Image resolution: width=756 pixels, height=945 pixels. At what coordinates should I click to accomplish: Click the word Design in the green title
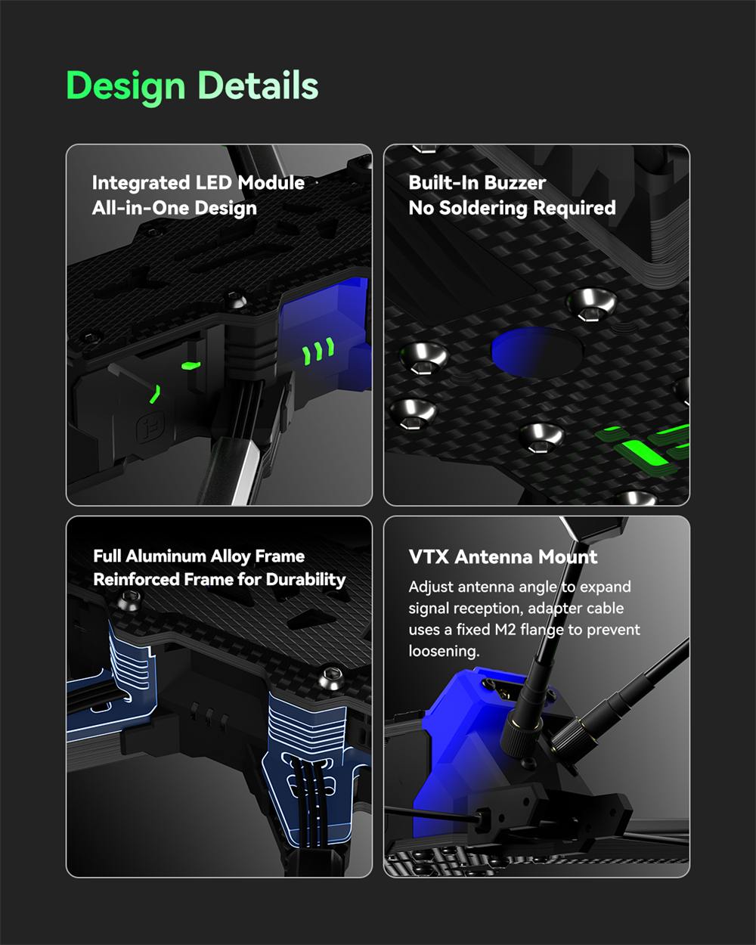point(125,87)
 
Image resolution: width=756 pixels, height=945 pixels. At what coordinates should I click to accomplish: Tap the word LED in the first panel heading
point(214,183)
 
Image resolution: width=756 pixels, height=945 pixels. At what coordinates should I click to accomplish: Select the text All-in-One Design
point(175,208)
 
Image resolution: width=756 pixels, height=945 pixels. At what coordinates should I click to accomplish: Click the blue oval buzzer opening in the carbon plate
point(537,352)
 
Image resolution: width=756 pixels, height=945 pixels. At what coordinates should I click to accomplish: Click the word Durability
point(305,580)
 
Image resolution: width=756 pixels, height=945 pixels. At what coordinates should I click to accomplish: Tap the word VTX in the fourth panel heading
point(429,557)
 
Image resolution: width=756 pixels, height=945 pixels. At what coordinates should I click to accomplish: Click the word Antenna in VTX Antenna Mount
point(494,557)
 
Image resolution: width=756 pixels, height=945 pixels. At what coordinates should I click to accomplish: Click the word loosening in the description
point(444,652)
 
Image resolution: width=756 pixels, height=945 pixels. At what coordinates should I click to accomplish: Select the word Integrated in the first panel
point(141,184)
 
